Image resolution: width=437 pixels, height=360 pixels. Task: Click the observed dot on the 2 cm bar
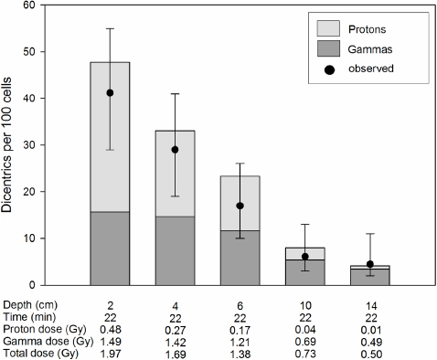pos(110,92)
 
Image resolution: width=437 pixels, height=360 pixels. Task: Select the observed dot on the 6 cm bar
pos(239,206)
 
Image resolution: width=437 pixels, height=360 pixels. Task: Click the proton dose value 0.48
pos(110,328)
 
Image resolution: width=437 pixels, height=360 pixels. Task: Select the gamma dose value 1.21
pos(239,340)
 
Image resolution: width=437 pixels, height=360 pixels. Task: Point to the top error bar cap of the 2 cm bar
pos(110,28)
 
